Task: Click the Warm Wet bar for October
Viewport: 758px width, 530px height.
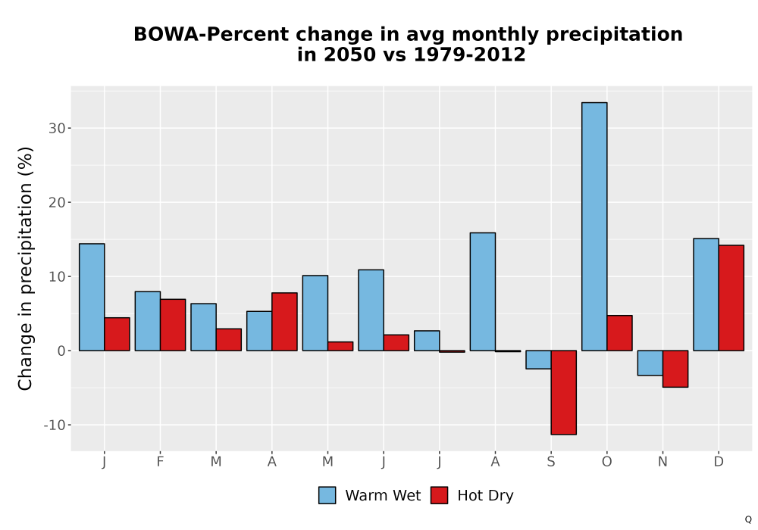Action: click(594, 226)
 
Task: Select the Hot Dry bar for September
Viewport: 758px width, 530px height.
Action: click(564, 392)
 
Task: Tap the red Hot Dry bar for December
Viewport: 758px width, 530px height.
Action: click(731, 298)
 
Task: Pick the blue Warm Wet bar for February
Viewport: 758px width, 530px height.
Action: click(148, 321)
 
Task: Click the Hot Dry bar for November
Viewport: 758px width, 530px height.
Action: click(675, 369)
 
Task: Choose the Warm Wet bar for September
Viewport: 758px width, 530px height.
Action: click(538, 360)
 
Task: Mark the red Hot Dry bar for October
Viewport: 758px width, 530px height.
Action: click(620, 333)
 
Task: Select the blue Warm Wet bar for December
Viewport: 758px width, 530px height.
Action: click(706, 295)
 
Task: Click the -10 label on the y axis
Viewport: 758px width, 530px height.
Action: click(54, 426)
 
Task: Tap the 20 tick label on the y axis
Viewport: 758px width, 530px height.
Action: click(57, 203)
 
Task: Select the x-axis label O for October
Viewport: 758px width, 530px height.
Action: click(606, 462)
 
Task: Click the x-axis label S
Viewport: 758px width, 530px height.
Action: click(551, 462)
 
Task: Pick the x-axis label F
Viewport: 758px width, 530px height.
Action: click(160, 462)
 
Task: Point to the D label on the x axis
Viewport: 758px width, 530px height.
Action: click(719, 462)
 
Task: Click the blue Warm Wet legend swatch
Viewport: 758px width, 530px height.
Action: click(327, 496)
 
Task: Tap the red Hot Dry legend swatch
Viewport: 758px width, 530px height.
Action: click(439, 496)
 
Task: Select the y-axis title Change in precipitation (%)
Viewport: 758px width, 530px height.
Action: click(25, 268)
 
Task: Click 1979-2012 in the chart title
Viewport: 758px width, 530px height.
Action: click(469, 55)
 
